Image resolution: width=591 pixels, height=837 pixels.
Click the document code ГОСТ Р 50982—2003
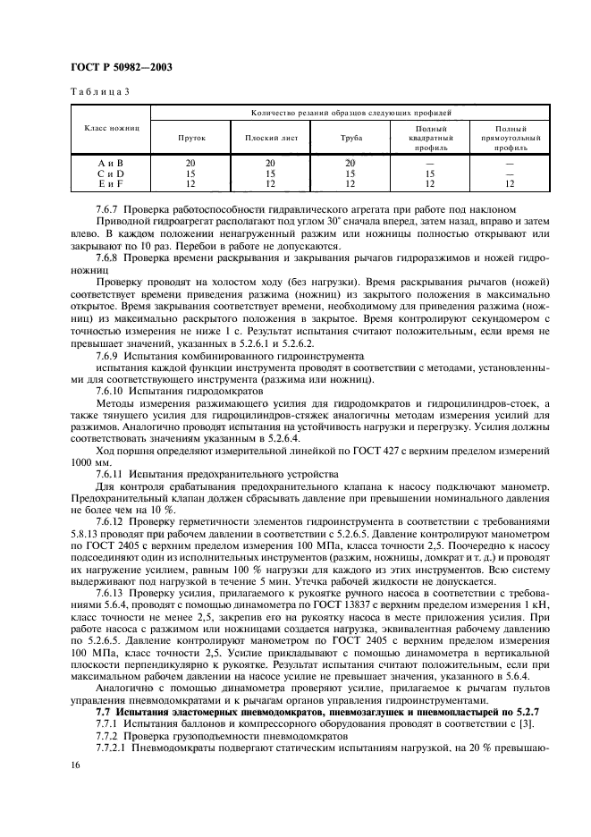(x=122, y=67)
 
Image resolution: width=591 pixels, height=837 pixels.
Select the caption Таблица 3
(x=100, y=92)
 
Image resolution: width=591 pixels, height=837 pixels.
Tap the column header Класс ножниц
(x=112, y=128)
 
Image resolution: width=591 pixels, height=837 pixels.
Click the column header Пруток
(x=191, y=138)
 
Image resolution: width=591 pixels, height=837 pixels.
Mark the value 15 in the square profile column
(x=429, y=173)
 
